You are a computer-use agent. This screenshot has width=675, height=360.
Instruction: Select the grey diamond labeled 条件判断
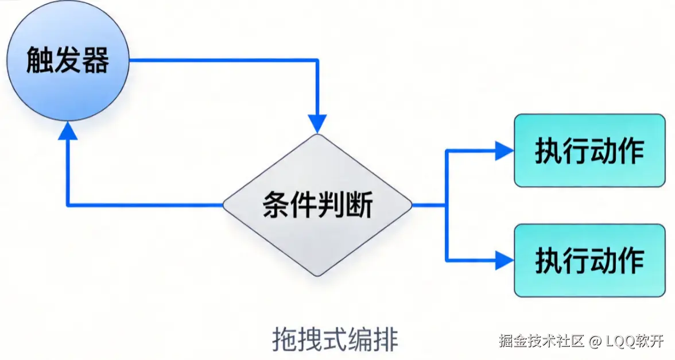pyautogui.click(x=317, y=205)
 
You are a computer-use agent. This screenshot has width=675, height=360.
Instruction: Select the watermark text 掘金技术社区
pyautogui.click(x=541, y=341)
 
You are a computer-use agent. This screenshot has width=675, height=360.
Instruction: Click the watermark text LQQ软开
pyautogui.click(x=634, y=341)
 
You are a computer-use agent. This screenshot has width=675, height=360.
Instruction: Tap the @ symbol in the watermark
pyautogui.click(x=595, y=342)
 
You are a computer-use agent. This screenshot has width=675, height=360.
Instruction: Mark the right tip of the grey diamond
pyautogui.click(x=412, y=205)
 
